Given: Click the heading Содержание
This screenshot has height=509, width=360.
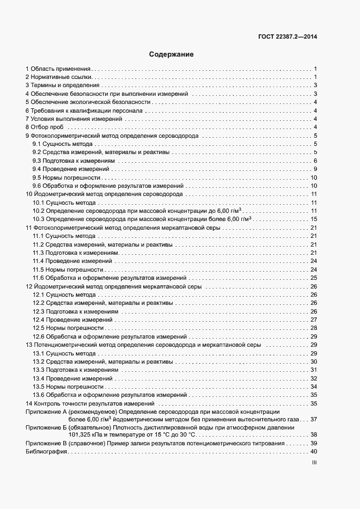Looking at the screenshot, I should coord(172,54).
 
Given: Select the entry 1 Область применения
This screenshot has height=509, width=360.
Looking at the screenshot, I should coord(58,69).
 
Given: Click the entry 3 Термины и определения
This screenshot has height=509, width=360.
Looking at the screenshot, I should coord(62,85).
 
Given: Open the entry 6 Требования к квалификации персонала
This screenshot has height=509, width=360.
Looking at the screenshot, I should coord(83,111).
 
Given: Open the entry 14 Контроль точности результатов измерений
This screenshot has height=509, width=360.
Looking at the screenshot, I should coord(91,403).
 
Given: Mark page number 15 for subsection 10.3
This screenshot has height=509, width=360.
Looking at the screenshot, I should coord(314,219).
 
